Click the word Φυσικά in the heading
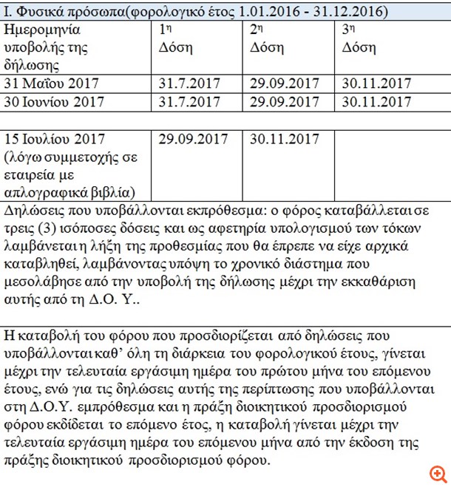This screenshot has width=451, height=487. [39, 12]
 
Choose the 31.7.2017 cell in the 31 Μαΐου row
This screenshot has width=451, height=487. [189, 84]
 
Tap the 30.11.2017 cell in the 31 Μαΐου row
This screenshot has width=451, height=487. [376, 84]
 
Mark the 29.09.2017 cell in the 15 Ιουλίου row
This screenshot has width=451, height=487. [193, 139]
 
